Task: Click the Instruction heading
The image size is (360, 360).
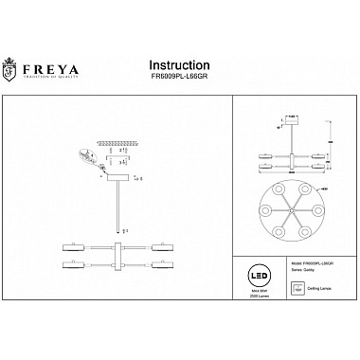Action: (x=181, y=64)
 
